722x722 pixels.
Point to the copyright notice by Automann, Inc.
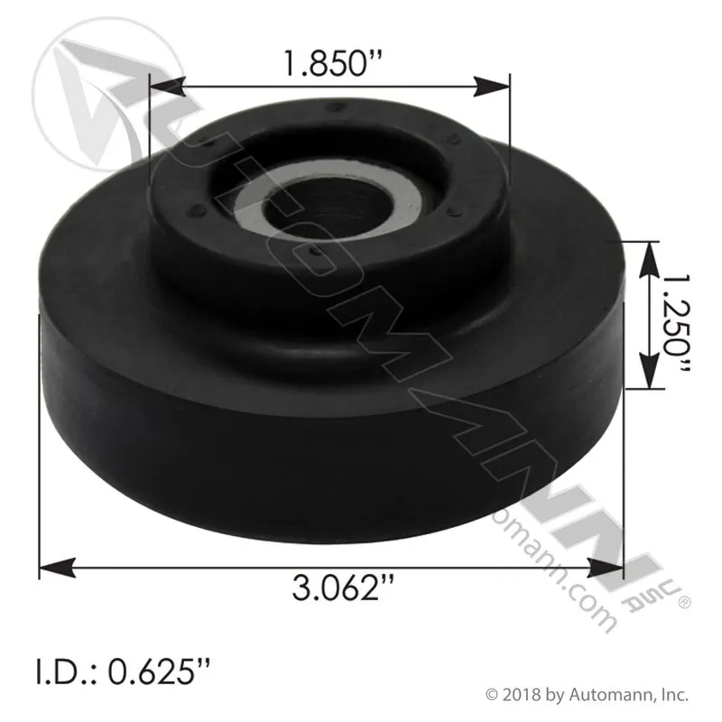pos(588,695)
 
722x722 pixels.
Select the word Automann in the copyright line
pos(613,695)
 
